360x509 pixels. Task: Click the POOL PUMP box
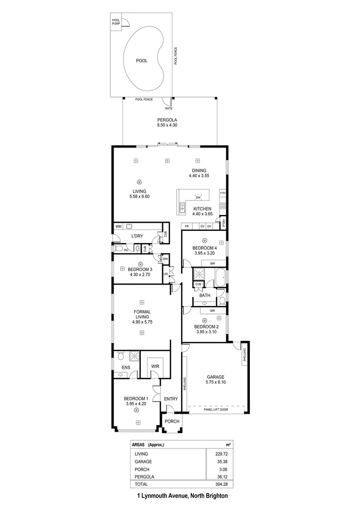pyautogui.click(x=116, y=22)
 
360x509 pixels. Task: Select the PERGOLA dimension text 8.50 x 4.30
pyautogui.click(x=167, y=125)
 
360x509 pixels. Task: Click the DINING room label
pyautogui.click(x=198, y=171)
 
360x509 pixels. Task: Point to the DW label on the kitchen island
pyautogui.click(x=198, y=197)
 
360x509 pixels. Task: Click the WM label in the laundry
pyautogui.click(x=118, y=227)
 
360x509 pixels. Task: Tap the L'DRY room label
pyautogui.click(x=137, y=236)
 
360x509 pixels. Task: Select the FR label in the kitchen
pyautogui.click(x=187, y=227)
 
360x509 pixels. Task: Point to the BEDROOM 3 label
pyautogui.click(x=140, y=269)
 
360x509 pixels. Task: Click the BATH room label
pyautogui.click(x=205, y=296)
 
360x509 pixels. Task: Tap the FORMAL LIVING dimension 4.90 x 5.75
pyautogui.click(x=142, y=322)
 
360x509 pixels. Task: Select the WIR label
pyautogui.click(x=155, y=366)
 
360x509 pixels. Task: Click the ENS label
pyautogui.click(x=126, y=367)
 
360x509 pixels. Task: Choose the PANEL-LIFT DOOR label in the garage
pyautogui.click(x=217, y=410)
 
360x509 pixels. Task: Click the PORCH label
pyautogui.click(x=172, y=421)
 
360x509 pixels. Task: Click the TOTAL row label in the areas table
pyautogui.click(x=141, y=484)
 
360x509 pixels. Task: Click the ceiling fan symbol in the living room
pyautogui.click(x=139, y=182)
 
